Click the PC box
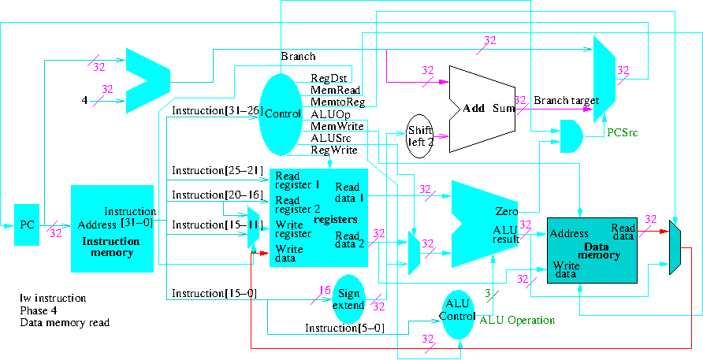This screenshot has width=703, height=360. tap(26, 225)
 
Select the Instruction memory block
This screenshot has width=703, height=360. tap(112, 228)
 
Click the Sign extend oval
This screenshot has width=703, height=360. tap(347, 299)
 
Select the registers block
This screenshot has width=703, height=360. tap(318, 218)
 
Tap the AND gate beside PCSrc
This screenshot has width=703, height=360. tap(571, 136)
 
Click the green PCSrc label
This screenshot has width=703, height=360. tap(622, 133)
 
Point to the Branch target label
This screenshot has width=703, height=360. tap(566, 101)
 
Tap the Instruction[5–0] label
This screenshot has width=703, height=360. tap(344, 328)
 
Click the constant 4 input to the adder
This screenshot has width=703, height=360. tap(84, 101)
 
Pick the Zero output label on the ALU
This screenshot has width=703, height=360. tap(506, 212)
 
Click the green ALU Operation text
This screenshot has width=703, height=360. tap(517, 321)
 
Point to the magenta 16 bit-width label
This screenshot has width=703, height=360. tap(324, 291)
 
